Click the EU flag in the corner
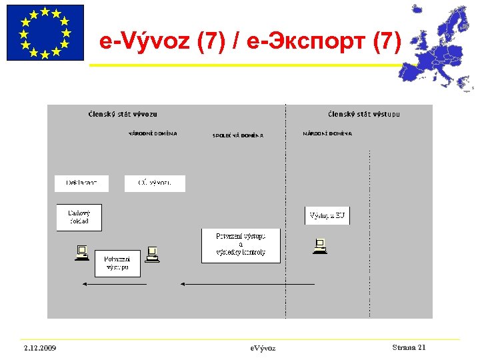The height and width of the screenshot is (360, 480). (45, 33)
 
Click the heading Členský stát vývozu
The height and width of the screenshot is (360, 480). (123, 114)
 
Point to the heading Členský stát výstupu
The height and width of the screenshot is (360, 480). (364, 114)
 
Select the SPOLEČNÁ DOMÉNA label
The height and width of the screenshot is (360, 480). (238, 135)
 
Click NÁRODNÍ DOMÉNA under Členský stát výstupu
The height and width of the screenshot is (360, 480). (327, 134)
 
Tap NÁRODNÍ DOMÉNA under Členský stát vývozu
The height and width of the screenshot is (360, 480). (153, 133)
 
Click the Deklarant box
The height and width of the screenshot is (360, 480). (81, 183)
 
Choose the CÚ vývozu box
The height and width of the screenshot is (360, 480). (155, 183)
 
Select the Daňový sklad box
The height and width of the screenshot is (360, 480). (79, 217)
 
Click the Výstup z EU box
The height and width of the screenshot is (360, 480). (327, 215)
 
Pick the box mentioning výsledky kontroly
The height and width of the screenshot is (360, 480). (241, 245)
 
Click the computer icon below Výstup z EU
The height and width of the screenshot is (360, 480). (320, 247)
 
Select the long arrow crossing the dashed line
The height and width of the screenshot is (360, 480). (248, 284)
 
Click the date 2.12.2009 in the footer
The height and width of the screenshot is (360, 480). (39, 348)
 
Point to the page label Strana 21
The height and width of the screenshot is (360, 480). (409, 347)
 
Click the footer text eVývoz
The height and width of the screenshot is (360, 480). (263, 348)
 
